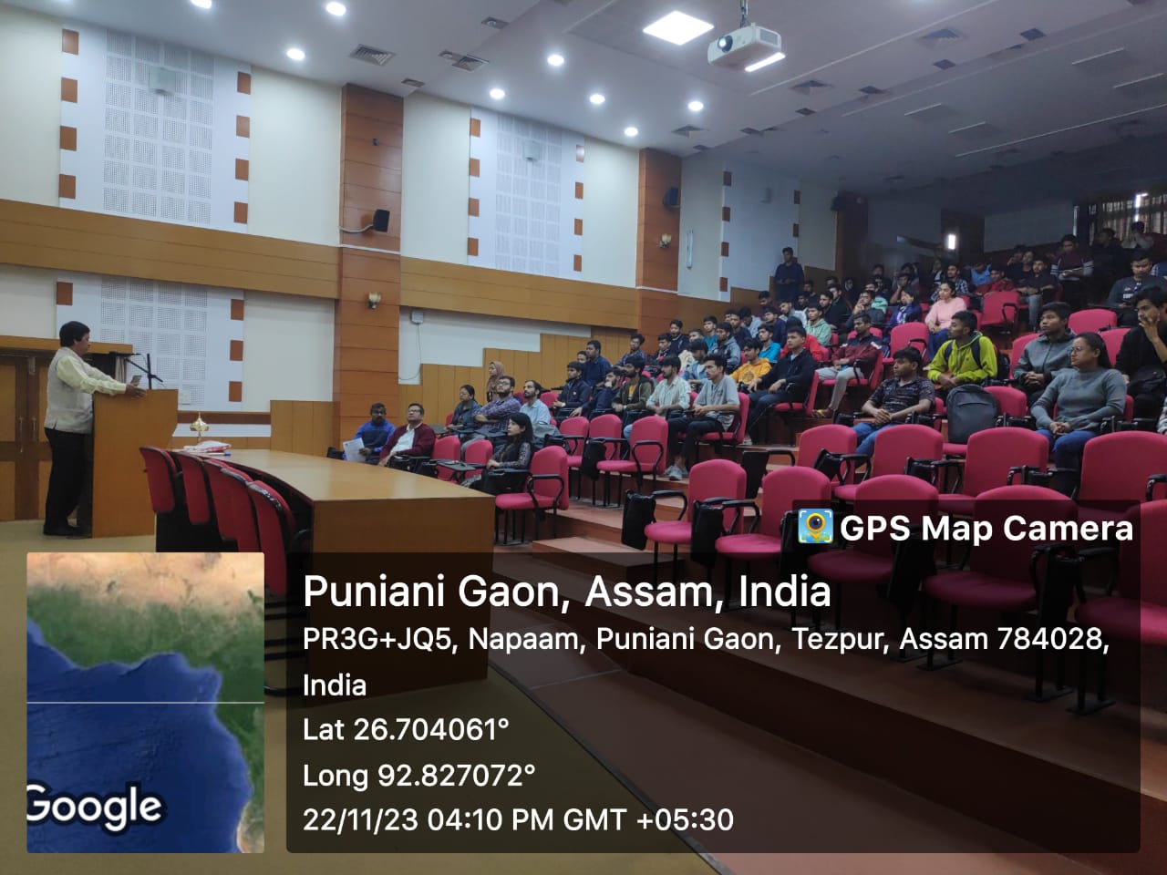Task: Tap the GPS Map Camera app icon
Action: coord(815,527)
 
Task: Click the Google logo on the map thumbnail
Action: coord(95,807)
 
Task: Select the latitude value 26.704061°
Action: coord(431,729)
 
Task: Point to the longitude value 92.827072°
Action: coord(456,776)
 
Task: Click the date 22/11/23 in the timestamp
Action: coord(360,819)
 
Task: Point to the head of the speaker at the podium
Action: coord(74,335)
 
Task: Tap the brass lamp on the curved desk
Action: coord(199,427)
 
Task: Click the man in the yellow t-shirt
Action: coord(750,361)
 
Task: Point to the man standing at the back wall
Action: coord(788,273)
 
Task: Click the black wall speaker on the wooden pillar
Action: coord(381,220)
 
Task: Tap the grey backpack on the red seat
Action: coord(972,413)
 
